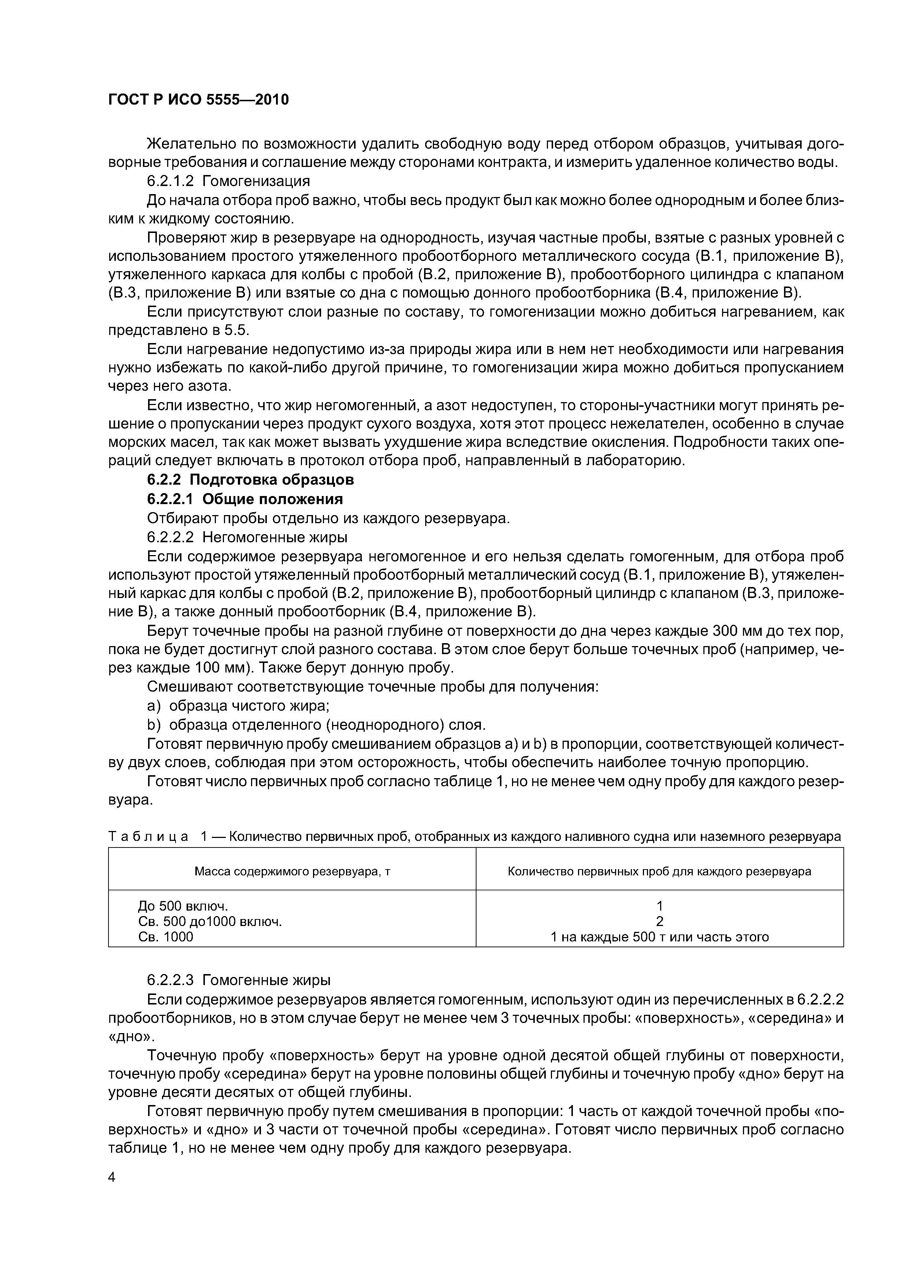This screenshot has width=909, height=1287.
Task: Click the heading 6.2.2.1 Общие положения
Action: pyautogui.click(x=245, y=499)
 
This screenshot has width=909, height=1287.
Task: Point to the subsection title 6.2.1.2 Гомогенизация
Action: pyautogui.click(x=228, y=181)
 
